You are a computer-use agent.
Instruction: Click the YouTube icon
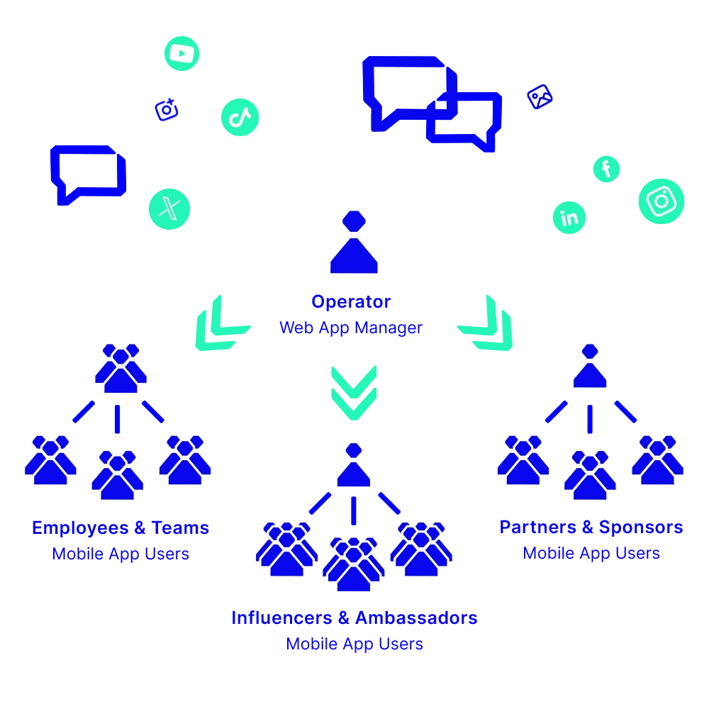coord(182,53)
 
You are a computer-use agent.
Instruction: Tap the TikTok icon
coord(240,117)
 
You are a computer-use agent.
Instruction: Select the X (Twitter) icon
coord(169,209)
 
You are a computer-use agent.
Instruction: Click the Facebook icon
coord(606,169)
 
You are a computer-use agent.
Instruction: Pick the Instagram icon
coord(661,201)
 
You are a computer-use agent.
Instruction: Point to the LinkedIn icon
coord(569,218)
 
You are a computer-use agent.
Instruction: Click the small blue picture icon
coord(540,97)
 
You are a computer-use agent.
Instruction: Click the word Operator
coord(352,302)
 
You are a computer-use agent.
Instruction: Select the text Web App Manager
coord(352,328)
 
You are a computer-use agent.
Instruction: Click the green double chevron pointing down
coord(354,392)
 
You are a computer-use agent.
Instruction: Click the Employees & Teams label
coord(121,528)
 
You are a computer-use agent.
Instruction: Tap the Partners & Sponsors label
coord(591,527)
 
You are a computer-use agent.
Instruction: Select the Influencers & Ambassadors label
coord(355,618)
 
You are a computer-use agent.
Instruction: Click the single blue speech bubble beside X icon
coord(87,174)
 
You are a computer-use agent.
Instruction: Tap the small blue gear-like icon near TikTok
coord(167,110)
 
